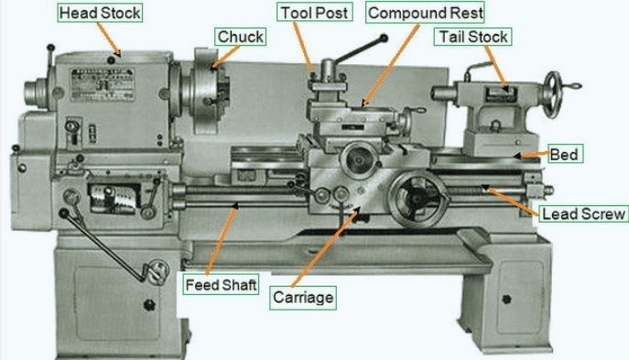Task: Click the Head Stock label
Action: click(x=100, y=13)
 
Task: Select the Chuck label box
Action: click(x=240, y=37)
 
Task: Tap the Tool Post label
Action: click(x=315, y=13)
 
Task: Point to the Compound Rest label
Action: click(x=425, y=13)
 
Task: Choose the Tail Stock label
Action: click(x=473, y=37)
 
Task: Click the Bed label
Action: click(x=564, y=155)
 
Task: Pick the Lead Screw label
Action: click(x=583, y=213)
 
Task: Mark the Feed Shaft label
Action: click(x=221, y=285)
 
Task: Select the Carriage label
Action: click(x=303, y=298)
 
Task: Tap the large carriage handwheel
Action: click(x=418, y=198)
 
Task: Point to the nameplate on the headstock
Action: click(x=103, y=84)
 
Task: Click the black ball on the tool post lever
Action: click(x=384, y=38)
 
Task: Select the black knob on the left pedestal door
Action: click(x=149, y=305)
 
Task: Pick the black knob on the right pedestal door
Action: click(x=506, y=299)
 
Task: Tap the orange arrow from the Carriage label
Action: click(x=324, y=247)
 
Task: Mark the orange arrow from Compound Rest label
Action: click(x=390, y=65)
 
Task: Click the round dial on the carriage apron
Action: click(x=359, y=159)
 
